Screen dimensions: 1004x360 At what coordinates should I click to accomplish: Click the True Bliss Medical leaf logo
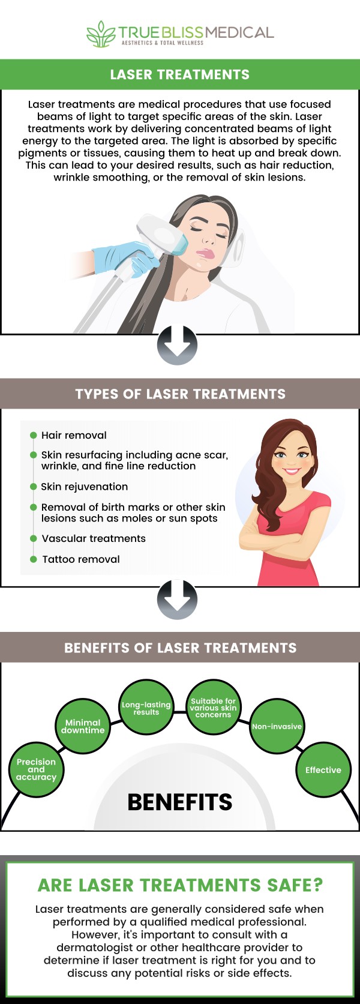pos(101,34)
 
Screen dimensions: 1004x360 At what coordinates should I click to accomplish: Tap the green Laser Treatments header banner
pos(180,74)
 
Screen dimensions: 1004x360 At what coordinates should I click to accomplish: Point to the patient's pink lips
pos(206,254)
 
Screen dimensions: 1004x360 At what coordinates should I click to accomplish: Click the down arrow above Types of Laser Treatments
pos(177,345)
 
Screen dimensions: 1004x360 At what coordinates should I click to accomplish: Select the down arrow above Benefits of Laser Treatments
pos(177,599)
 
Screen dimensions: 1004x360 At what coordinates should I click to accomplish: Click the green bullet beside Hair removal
pos(34,436)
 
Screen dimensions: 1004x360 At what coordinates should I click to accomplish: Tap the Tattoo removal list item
pos(80,559)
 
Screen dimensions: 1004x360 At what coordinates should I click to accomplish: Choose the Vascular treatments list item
pos(93,539)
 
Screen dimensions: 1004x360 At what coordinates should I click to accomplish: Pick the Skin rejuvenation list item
pos(84,487)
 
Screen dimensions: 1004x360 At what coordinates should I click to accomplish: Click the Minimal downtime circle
pos(83,726)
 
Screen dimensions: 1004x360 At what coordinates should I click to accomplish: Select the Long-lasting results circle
pos(146,708)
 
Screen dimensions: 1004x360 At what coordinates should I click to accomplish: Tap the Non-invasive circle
pos(277,726)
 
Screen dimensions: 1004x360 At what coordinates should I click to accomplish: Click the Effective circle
pos(323,770)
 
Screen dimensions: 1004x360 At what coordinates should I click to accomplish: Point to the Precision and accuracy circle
pos(36,769)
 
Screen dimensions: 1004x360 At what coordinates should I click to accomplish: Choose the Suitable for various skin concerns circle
pos(213,708)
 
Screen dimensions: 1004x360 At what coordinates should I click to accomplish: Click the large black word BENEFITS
pos(179,802)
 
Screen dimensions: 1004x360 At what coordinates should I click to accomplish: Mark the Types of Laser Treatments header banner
pos(180,394)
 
